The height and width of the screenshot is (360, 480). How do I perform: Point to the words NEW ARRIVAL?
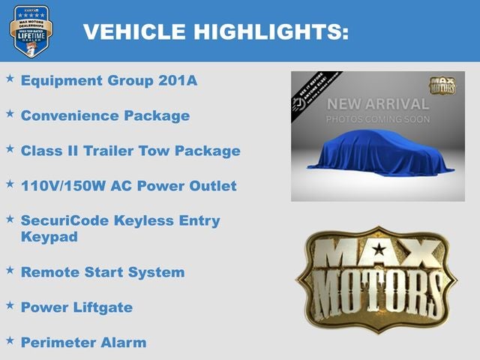(x=378, y=103)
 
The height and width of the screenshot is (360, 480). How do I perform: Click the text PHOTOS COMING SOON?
(x=378, y=119)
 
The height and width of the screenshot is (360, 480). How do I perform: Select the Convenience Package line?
(x=105, y=116)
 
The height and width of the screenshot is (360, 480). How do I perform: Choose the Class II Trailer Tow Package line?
(x=130, y=151)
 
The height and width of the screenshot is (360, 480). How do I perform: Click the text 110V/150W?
(x=65, y=186)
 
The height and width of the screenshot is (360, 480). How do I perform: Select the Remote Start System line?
(x=103, y=272)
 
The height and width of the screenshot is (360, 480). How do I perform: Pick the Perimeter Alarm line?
(x=83, y=342)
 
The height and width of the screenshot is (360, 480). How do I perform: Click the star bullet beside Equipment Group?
(x=10, y=79)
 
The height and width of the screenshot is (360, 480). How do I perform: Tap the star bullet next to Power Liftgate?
(x=10, y=304)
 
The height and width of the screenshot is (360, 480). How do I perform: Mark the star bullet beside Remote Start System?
(x=10, y=270)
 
